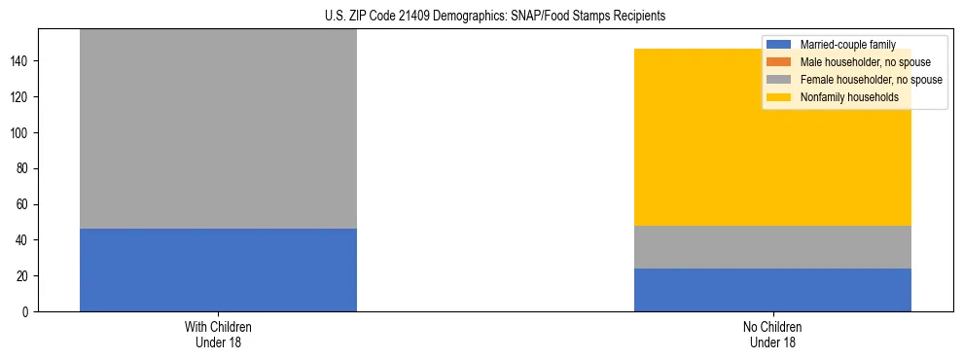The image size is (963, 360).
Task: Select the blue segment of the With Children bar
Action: point(218,270)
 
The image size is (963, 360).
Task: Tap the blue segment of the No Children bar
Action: point(772,290)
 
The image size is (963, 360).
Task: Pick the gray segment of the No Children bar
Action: point(772,247)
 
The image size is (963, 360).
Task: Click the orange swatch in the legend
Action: point(778,62)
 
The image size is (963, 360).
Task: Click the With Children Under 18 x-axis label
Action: point(218,335)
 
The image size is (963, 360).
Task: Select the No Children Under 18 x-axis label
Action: point(772,335)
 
